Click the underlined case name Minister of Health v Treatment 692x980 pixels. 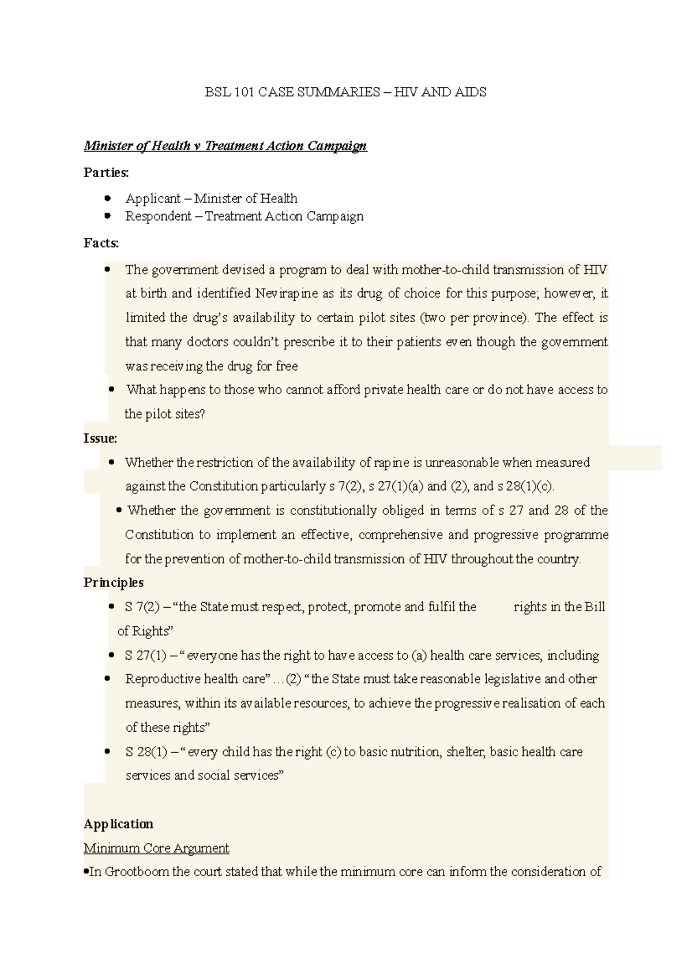pyautogui.click(x=225, y=145)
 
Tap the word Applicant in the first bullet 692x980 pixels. pyautogui.click(x=153, y=199)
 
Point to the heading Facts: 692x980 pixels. pyautogui.click(x=101, y=243)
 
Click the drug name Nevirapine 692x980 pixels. pyautogui.click(x=286, y=293)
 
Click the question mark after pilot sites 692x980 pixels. pyautogui.click(x=202, y=414)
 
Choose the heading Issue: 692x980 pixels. pyautogui.click(x=100, y=438)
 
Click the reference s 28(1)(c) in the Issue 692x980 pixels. pyautogui.click(x=529, y=486)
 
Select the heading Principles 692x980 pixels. pyautogui.click(x=114, y=582)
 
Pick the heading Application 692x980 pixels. pyautogui.click(x=118, y=824)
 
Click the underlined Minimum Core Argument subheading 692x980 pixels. pyautogui.click(x=156, y=848)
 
